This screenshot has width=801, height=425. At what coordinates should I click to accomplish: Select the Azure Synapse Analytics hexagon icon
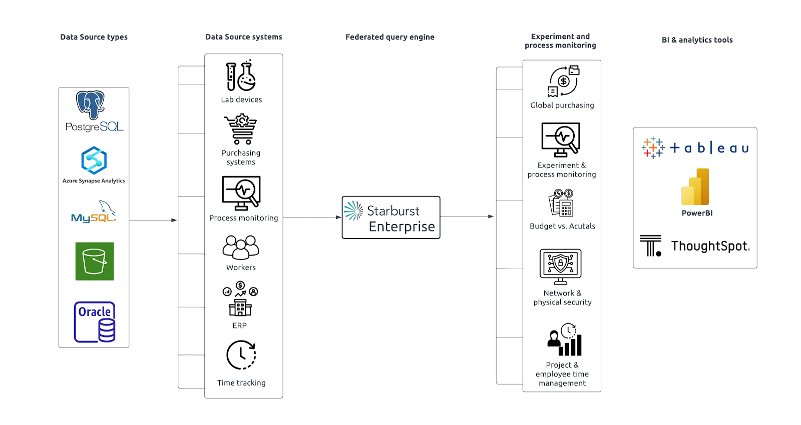[94, 160]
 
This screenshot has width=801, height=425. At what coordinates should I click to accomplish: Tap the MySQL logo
[94, 213]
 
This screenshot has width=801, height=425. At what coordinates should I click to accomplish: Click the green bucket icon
[95, 261]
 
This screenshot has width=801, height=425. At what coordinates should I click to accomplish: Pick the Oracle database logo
[95, 322]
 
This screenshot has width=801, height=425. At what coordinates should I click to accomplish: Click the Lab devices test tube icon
[241, 76]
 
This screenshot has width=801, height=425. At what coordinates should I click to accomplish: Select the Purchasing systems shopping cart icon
[241, 129]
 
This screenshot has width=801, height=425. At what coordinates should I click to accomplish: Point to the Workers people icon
[241, 247]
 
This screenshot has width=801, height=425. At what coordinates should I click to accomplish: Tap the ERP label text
[240, 325]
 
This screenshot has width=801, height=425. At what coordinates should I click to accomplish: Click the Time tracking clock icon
[241, 355]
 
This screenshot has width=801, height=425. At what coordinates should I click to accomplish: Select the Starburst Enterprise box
[391, 217]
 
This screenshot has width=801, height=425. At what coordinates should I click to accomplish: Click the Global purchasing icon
[563, 81]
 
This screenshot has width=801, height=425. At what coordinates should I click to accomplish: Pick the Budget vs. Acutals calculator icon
[561, 203]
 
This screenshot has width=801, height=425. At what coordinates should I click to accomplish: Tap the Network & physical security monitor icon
[561, 266]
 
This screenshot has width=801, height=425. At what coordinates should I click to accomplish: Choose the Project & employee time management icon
[565, 340]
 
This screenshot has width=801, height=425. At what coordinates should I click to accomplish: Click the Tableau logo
[695, 148]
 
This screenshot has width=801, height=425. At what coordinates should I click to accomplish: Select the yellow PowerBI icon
[695, 187]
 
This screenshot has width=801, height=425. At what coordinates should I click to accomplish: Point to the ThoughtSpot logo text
[710, 246]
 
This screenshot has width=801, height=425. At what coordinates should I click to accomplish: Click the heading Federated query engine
[390, 37]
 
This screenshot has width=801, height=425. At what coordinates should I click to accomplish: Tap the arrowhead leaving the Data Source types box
[174, 220]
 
